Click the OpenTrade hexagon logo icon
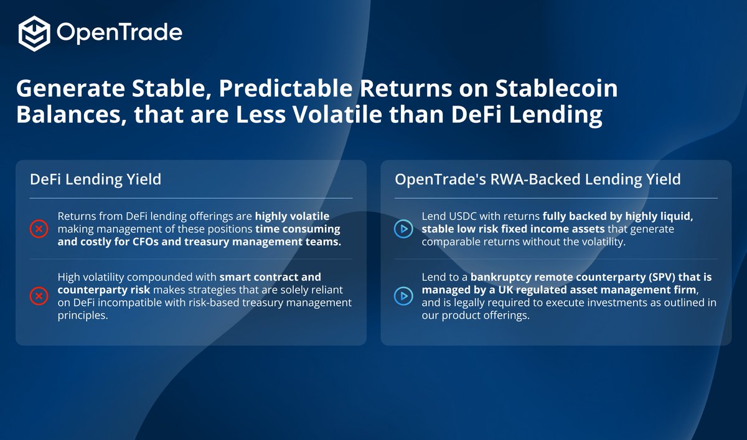(34, 33)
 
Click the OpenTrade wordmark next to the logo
(120, 33)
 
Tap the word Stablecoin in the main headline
(556, 89)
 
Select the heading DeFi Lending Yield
(95, 180)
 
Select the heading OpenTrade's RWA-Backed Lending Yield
(537, 180)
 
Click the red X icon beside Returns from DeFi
(39, 229)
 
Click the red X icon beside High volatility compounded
(39, 296)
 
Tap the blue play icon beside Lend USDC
(403, 229)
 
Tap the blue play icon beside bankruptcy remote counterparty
(403, 296)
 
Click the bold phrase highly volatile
(292, 217)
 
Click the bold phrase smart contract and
(271, 277)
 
